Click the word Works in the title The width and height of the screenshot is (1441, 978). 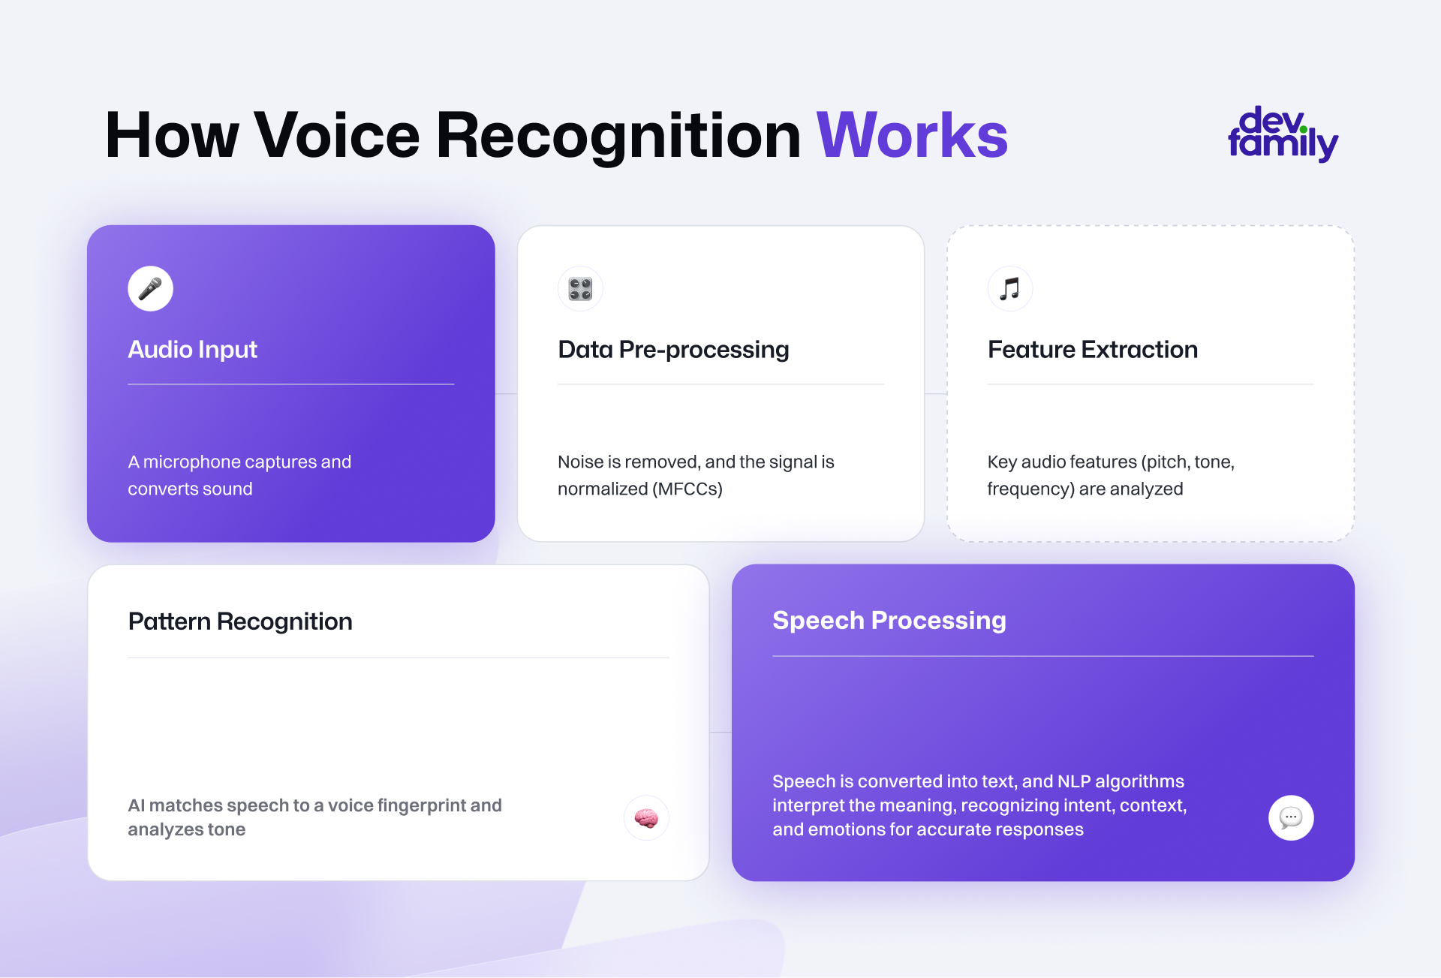tap(912, 136)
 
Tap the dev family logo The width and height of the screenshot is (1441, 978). tap(1283, 134)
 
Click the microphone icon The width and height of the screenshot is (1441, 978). tap(150, 288)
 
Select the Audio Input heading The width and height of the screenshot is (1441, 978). tap(192, 350)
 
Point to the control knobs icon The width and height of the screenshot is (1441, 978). tap(580, 289)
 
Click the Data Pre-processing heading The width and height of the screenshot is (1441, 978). tap(673, 350)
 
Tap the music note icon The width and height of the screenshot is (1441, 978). tap(1010, 289)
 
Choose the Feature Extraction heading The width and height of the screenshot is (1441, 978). tap(1093, 350)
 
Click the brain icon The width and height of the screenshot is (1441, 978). tap(646, 818)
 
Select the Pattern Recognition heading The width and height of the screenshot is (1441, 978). tap(240, 621)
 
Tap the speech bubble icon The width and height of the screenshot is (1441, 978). tap(1291, 817)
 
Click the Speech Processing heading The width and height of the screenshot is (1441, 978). tap(889, 621)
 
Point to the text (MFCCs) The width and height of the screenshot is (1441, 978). tap(687, 489)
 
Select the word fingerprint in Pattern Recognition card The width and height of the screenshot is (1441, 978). tap(421, 806)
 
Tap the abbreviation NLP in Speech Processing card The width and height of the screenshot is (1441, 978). tap(1073, 781)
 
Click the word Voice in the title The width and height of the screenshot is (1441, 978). tap(337, 136)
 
